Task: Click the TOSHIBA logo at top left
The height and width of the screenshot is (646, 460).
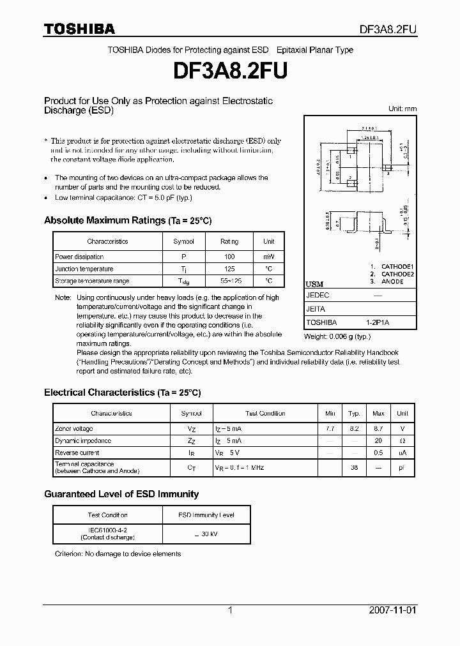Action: [79, 29]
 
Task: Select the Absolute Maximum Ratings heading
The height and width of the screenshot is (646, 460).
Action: [127, 220]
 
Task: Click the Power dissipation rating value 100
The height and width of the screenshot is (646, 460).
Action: [229, 256]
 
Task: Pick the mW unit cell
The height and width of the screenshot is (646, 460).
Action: [268, 256]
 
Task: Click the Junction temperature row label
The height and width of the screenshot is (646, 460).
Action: [84, 269]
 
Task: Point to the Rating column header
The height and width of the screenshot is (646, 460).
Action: [229, 241]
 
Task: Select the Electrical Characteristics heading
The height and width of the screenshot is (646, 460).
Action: [122, 393]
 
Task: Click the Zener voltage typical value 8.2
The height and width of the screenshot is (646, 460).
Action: [354, 429]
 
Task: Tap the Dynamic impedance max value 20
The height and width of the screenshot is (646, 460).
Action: [378, 441]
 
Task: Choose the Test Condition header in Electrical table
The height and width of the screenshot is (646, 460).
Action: [265, 414]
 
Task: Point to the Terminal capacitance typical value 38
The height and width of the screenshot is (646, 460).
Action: [354, 468]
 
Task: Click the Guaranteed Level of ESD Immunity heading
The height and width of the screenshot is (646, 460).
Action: [121, 494]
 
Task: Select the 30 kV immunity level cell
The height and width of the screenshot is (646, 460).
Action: [206, 534]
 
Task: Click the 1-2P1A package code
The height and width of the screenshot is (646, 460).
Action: [378, 323]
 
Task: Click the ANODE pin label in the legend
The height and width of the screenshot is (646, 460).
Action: [392, 282]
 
